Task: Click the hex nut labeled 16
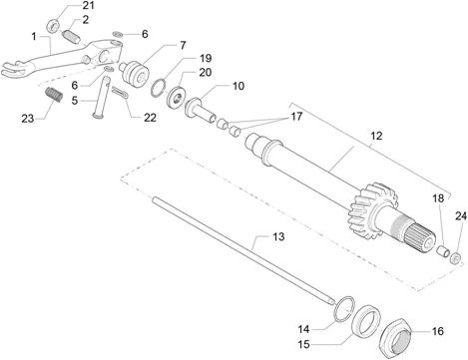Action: pos(396,337)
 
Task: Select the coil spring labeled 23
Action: pos(54,95)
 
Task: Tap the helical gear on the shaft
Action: pos(372,210)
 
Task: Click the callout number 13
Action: pos(278,236)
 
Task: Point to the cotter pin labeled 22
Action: pos(121,93)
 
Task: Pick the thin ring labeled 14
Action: pos(344,309)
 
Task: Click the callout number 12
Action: pos(376,136)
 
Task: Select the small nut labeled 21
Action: pos(53,26)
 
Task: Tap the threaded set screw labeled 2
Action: pos(71,36)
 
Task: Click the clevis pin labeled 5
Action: pos(102,97)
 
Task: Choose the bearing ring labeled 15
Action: pos(366,320)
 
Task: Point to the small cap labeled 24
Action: pos(456,258)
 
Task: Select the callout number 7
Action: pos(183,45)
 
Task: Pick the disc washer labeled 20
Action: pos(176,97)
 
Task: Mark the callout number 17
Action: pos(296,117)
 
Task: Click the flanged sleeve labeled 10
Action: pos(200,111)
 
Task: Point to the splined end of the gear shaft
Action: pos(419,237)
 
